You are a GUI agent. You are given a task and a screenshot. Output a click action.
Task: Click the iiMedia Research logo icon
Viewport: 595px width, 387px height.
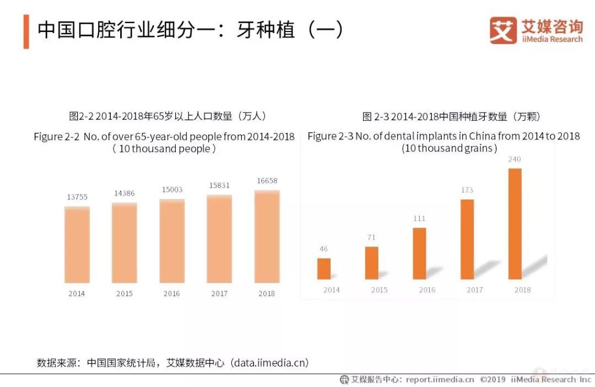pyautogui.click(x=503, y=30)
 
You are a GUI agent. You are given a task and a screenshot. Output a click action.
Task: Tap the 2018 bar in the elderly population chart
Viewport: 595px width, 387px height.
pyautogui.click(x=267, y=237)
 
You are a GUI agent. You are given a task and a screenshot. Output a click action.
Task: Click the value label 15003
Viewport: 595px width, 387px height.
pyautogui.click(x=172, y=190)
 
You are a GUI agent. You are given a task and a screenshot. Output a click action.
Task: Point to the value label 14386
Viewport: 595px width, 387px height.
pyautogui.click(x=124, y=193)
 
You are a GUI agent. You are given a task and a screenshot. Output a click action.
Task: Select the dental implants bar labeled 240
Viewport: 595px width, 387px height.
pyautogui.click(x=515, y=223)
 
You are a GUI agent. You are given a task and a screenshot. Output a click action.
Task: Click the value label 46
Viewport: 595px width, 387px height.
pyautogui.click(x=323, y=249)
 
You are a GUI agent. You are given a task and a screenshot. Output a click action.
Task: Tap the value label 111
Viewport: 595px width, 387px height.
pyautogui.click(x=419, y=219)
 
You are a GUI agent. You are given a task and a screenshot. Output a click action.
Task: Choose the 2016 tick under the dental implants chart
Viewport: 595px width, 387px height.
pyautogui.click(x=427, y=290)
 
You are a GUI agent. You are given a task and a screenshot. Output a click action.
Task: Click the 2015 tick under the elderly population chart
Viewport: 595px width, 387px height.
pyautogui.click(x=125, y=294)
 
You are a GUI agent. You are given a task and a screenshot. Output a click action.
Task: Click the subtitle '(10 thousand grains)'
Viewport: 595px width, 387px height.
pyautogui.click(x=449, y=148)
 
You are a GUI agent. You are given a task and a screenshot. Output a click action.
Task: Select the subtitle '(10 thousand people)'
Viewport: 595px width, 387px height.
pyautogui.click(x=164, y=149)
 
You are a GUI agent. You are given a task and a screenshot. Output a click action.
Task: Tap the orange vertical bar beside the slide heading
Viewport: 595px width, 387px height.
pyautogui.click(x=26, y=32)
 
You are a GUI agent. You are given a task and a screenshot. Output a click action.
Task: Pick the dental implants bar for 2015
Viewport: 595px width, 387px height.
pyautogui.click(x=372, y=262)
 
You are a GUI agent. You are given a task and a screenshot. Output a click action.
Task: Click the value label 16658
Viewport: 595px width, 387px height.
pyautogui.click(x=267, y=181)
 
